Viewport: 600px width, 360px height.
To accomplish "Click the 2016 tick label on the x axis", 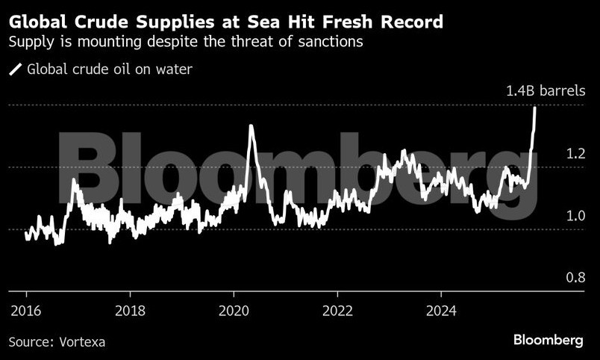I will tap(26, 311).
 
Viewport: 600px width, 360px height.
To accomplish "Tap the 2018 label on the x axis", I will tap(131, 311).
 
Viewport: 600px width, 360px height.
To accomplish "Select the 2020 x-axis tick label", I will tap(234, 311).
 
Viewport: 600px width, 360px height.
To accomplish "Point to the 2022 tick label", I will tap(339, 311).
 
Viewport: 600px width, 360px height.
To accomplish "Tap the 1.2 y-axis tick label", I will tap(575, 155).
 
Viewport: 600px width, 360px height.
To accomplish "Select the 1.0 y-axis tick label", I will tap(575, 217).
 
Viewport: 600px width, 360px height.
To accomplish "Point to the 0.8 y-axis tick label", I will tap(575, 278).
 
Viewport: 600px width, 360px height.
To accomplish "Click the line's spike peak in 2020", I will tap(250, 126).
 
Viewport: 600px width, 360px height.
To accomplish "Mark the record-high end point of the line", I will tap(535, 108).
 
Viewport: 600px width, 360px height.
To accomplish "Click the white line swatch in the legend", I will tap(15, 69).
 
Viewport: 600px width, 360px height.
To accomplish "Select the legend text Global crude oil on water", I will tap(110, 69).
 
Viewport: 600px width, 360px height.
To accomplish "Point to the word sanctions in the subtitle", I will tap(326, 43).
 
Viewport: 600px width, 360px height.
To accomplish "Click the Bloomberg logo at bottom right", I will tap(548, 340).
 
